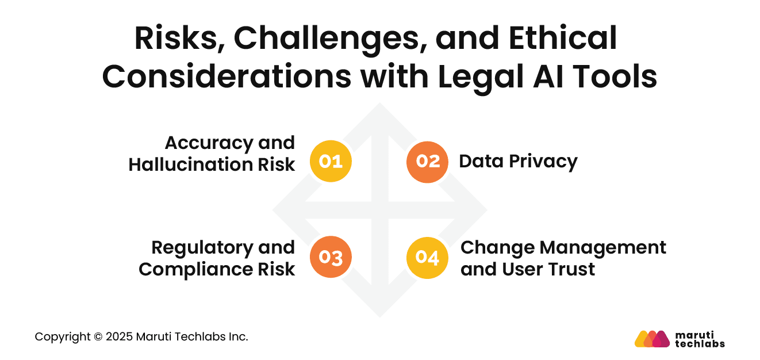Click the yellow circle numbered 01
coord(331,162)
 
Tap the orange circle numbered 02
coord(427,162)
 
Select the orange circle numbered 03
coord(331,258)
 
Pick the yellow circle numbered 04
coord(427,258)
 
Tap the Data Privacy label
coord(518,162)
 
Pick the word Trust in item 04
coord(569,269)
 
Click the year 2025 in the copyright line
coord(118,337)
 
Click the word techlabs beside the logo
coord(699,344)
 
